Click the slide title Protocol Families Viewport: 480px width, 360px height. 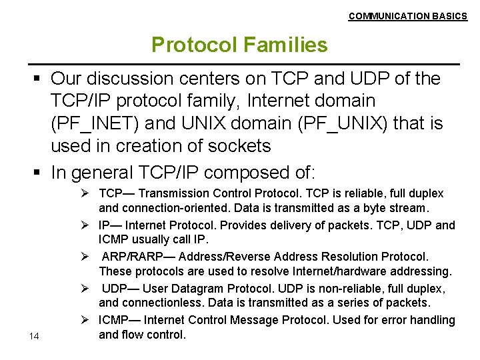tap(239, 45)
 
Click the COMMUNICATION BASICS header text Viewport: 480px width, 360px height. tap(407, 16)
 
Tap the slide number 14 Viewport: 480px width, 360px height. tap(35, 336)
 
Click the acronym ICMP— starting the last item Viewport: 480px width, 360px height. tap(119, 320)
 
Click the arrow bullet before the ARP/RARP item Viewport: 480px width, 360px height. tap(88, 257)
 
